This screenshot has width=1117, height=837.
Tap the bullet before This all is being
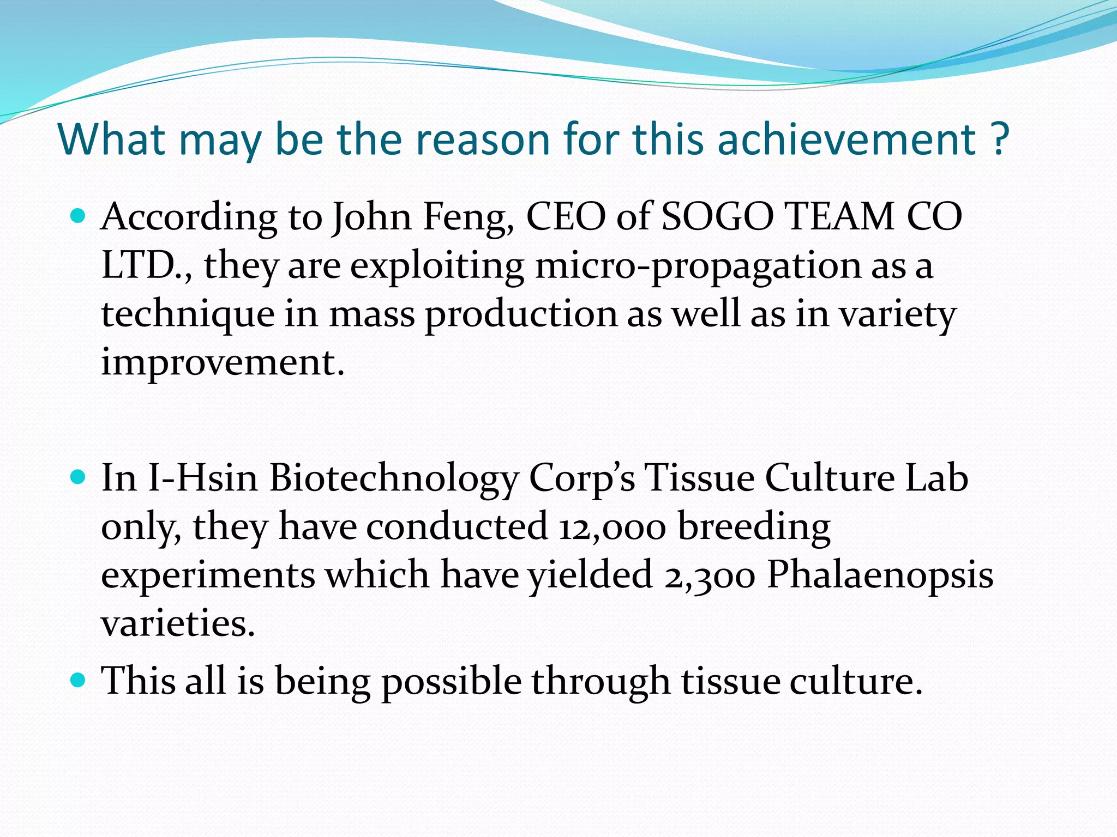[x=79, y=681]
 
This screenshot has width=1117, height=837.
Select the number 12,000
[x=611, y=527]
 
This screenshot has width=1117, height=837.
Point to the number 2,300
[x=710, y=575]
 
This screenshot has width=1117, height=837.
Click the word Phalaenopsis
[x=880, y=575]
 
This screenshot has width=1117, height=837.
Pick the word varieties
[x=178, y=623]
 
